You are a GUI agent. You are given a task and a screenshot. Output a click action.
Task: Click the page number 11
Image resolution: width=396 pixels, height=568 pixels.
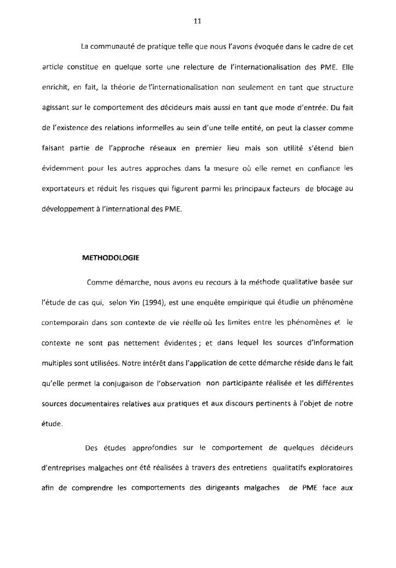(x=198, y=22)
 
